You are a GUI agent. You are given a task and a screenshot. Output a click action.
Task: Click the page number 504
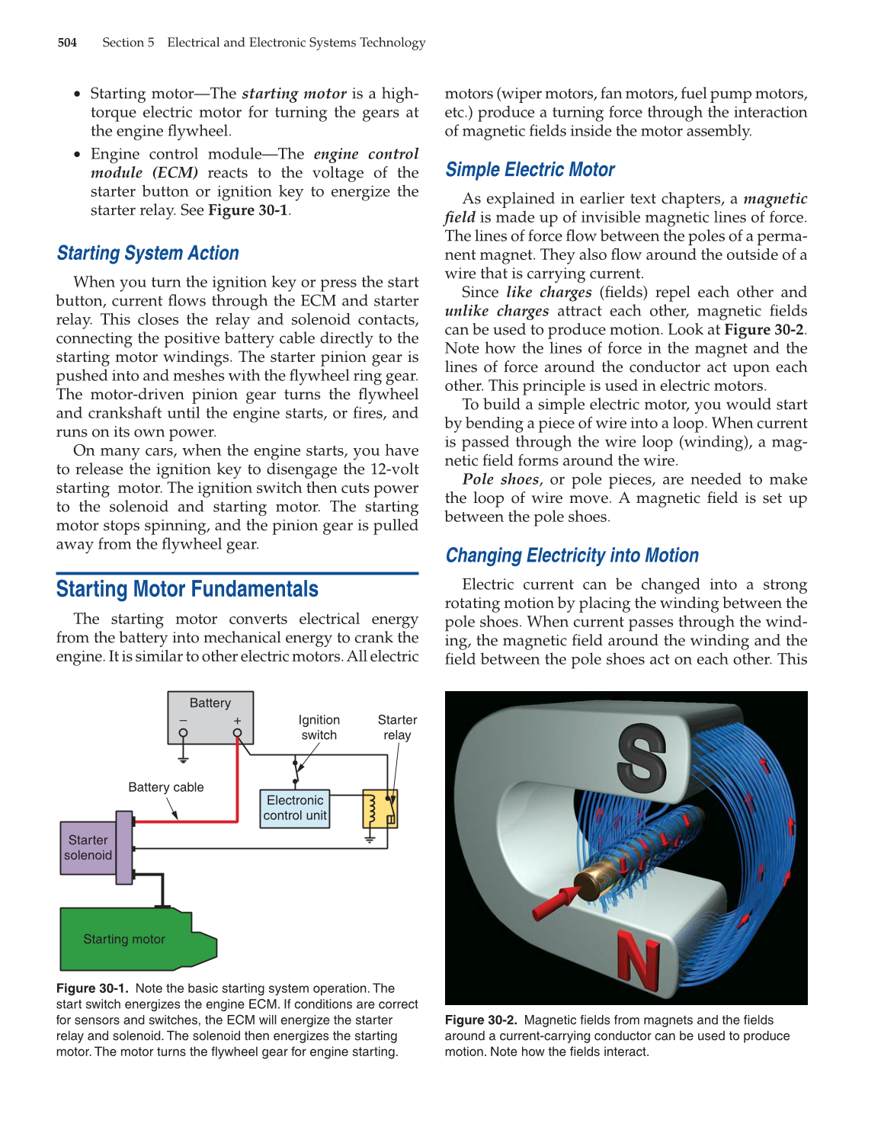(x=67, y=43)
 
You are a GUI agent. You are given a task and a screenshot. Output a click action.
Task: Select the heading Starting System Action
(x=148, y=254)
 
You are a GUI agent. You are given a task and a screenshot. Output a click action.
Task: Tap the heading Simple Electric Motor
(x=530, y=170)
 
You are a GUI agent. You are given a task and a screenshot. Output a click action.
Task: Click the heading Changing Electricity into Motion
(x=572, y=555)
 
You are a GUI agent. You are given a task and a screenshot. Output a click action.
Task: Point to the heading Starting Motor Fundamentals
(x=187, y=589)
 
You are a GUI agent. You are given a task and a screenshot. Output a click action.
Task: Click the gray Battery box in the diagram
(x=210, y=716)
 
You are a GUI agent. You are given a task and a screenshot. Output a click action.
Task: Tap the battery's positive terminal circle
(x=238, y=733)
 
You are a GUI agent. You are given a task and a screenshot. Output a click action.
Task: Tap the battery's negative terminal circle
(x=183, y=733)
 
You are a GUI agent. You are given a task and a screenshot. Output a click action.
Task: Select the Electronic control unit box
(x=295, y=808)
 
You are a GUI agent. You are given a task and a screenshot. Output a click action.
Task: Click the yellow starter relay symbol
(x=380, y=808)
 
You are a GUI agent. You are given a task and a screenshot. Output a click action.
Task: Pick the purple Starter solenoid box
(x=88, y=847)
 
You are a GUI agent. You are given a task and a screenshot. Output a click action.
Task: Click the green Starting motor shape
(x=126, y=939)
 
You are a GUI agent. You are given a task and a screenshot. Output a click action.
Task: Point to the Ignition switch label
(x=319, y=728)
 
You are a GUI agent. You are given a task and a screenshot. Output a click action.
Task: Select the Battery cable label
(x=165, y=787)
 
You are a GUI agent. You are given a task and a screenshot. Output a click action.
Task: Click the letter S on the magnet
(x=642, y=757)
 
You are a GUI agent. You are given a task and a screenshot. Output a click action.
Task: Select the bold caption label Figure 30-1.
(x=92, y=988)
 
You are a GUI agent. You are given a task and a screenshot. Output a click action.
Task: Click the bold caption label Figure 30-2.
(x=481, y=1020)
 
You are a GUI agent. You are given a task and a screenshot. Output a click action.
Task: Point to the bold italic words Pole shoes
(x=501, y=479)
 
